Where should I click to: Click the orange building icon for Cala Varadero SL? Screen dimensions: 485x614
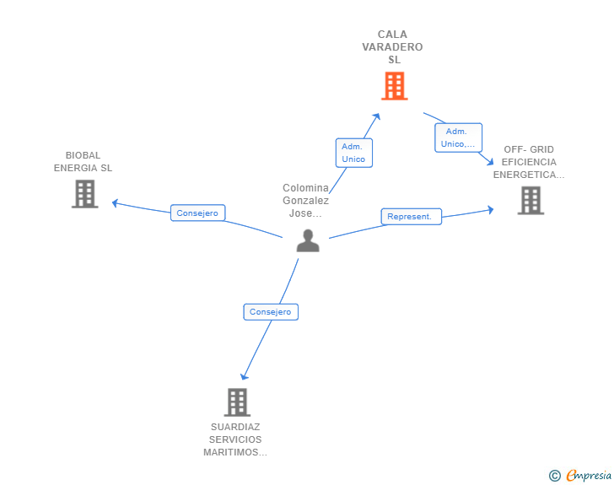click(x=394, y=86)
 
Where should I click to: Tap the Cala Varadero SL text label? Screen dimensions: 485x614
click(x=392, y=47)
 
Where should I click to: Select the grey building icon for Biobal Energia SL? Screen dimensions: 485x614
click(x=84, y=194)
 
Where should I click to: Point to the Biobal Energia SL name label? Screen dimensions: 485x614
click(x=83, y=161)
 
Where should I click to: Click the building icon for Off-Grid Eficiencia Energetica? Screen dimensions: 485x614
click(x=531, y=201)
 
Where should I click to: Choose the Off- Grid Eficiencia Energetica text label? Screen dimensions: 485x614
click(x=529, y=162)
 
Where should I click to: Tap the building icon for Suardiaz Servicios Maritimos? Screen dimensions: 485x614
click(x=237, y=402)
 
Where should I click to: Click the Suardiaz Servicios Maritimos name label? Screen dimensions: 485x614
click(x=235, y=439)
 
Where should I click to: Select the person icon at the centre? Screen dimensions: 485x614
click(x=308, y=240)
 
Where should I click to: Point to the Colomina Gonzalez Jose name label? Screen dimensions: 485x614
click(x=305, y=200)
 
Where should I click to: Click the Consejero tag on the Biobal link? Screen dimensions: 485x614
click(x=197, y=213)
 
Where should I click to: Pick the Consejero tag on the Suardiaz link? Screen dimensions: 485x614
click(x=271, y=312)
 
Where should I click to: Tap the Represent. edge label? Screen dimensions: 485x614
click(x=410, y=217)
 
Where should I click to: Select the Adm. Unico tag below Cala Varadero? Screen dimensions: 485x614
click(x=353, y=153)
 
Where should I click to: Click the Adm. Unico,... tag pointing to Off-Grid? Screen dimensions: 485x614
click(x=458, y=137)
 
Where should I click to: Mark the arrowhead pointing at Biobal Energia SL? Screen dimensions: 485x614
click(x=116, y=202)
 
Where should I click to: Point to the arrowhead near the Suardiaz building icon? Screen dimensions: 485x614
click(x=245, y=375)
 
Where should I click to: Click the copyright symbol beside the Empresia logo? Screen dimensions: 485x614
click(x=554, y=476)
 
